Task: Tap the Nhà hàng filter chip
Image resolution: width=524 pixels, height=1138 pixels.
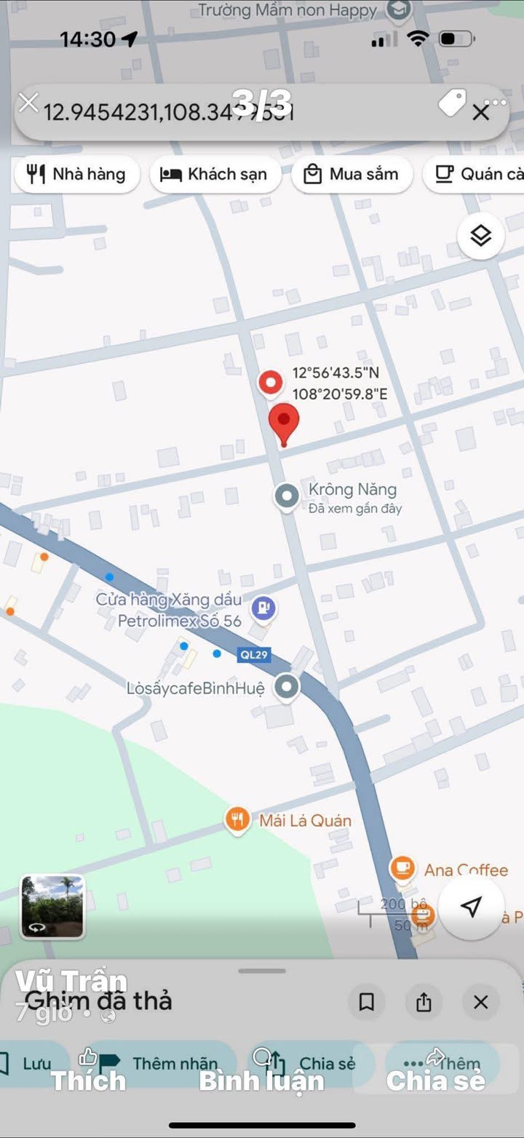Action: [76, 175]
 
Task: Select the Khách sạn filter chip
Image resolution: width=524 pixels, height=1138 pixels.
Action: [215, 175]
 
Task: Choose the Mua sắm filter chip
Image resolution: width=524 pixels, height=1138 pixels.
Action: [352, 175]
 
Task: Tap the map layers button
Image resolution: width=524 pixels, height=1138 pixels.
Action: [480, 236]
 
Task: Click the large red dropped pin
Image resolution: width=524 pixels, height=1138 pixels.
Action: [284, 422]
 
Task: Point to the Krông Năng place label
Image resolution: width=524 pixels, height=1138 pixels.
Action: [352, 490]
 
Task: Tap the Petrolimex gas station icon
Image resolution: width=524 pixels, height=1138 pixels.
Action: [263, 607]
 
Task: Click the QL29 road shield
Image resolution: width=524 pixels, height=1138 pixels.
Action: [254, 655]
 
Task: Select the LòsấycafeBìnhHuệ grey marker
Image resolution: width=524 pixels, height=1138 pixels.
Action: [288, 687]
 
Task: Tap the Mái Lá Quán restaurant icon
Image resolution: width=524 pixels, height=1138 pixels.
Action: [237, 820]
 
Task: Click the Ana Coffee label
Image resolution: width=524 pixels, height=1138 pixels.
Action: [466, 870]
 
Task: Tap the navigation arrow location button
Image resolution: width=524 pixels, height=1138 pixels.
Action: [471, 907]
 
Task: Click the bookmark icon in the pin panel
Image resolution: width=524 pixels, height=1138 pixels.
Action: [367, 1003]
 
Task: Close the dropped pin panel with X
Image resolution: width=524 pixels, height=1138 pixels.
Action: [480, 1003]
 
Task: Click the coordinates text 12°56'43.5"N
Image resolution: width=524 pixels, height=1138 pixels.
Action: [336, 373]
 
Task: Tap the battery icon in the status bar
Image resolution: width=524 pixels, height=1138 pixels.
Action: [457, 39]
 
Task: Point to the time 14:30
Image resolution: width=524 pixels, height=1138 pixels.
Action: [87, 39]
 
